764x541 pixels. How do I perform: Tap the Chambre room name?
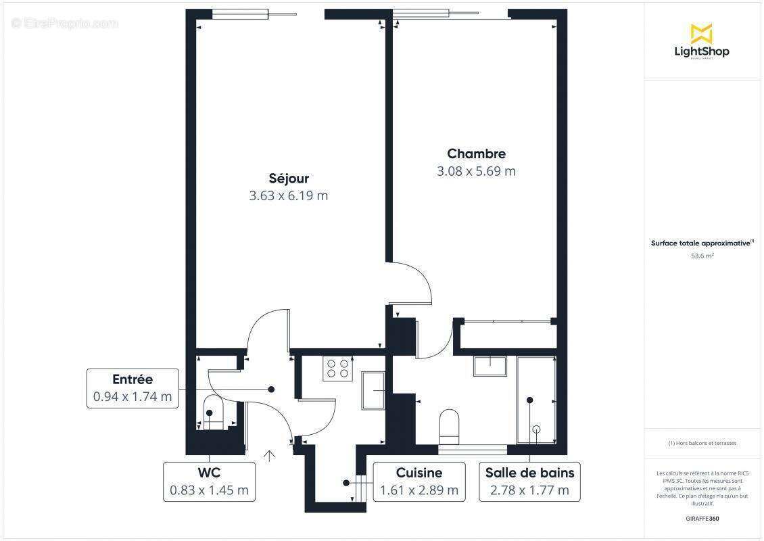point(476,154)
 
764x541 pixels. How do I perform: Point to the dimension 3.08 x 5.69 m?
point(476,171)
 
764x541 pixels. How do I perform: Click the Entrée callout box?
point(133,389)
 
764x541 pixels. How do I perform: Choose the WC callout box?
point(209,481)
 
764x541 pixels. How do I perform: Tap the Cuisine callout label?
point(419,481)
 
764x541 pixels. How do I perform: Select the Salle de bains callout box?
point(529,481)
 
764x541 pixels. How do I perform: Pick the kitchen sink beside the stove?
point(373,390)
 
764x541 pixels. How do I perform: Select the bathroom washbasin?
point(492,365)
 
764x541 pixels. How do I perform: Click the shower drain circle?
point(537,429)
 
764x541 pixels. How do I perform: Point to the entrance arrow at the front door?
point(270,455)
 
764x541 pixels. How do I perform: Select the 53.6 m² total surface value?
point(702,256)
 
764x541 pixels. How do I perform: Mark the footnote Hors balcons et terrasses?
point(702,444)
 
